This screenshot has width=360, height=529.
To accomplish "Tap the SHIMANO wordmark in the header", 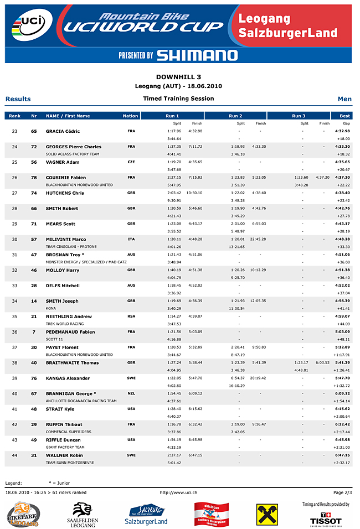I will click(197, 55).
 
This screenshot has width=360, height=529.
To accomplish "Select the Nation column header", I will click(130, 116).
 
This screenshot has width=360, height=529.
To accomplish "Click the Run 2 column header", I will click(235, 116).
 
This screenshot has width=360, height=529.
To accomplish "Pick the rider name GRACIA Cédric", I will click(63, 131).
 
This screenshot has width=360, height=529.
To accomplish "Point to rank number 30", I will click(15, 240).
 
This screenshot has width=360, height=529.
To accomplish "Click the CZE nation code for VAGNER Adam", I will click(131, 162).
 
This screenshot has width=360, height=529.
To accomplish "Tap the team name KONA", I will click(51, 308).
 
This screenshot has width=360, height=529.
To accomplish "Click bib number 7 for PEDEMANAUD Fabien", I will click(34, 332).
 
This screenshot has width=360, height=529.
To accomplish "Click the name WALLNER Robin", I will click(64, 455).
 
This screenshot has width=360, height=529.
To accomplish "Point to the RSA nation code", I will click(131, 317).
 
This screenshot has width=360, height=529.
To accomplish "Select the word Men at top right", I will click(344, 99).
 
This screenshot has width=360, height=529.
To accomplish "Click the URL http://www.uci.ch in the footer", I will click(178, 492).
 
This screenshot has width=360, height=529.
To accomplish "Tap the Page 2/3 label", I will click(342, 492).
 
